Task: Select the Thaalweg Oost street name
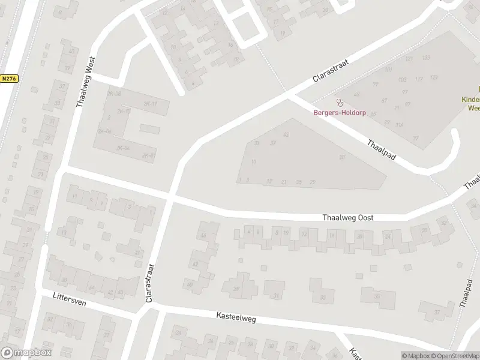click(348, 218)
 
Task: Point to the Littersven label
click(70, 299)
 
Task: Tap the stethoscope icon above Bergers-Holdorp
click(340, 102)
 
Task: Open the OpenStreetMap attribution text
click(455, 356)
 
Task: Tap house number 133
click(426, 58)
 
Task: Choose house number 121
click(409, 59)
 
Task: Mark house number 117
click(418, 79)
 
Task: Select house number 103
click(402, 80)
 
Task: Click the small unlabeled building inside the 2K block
click(151, 129)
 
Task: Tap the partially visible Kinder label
click(471, 100)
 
